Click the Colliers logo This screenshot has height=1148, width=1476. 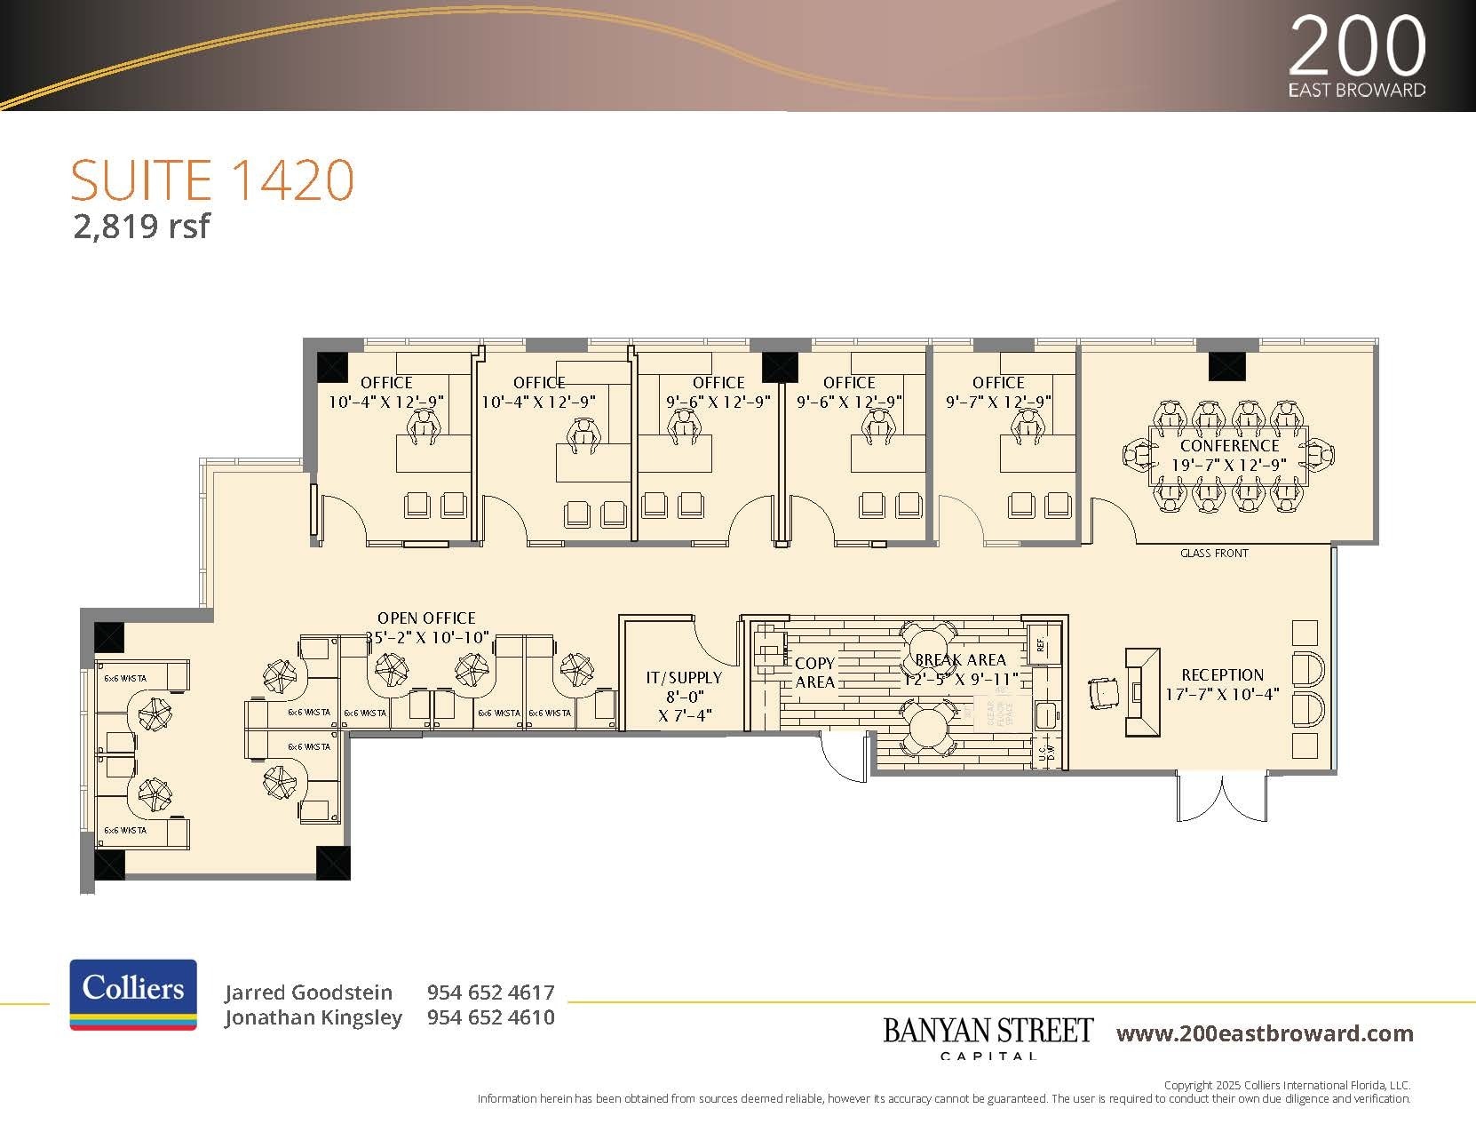coord(133,994)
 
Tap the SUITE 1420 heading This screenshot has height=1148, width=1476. coord(212,180)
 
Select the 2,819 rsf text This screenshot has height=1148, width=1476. coord(141,227)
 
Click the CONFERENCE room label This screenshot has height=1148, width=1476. coord(1229,446)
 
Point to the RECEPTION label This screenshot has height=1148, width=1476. coord(1222,675)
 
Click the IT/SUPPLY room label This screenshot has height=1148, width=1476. coord(684,678)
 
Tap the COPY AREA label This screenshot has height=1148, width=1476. coord(814,673)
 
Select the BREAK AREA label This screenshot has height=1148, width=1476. coord(960,660)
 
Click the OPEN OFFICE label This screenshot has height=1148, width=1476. coord(426,618)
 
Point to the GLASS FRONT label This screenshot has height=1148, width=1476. coord(1214,554)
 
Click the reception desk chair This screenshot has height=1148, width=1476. coord(1104,692)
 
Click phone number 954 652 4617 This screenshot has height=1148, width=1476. coord(490,993)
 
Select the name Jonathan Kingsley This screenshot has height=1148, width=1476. coord(313,1017)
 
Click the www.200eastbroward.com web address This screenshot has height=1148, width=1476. coord(1265,1033)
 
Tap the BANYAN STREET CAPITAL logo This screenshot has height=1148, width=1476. coord(988,1037)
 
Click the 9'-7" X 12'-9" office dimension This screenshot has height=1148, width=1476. coord(998,402)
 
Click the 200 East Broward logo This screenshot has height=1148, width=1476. coord(1356,56)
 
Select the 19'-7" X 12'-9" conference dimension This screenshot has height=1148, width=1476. coord(1229,465)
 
